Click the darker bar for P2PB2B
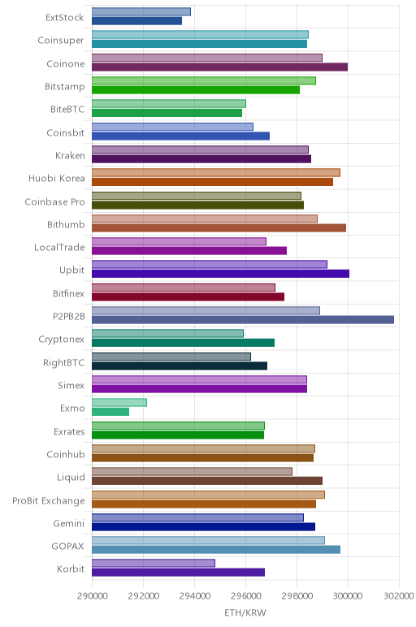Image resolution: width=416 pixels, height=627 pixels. [x=243, y=319]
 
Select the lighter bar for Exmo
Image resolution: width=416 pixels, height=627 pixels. [x=119, y=402]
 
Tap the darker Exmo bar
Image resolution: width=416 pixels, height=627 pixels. [x=110, y=412]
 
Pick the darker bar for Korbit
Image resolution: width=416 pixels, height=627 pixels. [x=179, y=573]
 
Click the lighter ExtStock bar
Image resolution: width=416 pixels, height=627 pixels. [x=141, y=11]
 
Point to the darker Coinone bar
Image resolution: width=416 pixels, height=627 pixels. [x=219, y=67]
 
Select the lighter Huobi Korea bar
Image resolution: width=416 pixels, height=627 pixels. [x=216, y=172]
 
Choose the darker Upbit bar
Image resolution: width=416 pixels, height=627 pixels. [x=220, y=274]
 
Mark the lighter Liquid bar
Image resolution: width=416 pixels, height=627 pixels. [x=192, y=471]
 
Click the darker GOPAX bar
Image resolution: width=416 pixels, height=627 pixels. [x=216, y=549]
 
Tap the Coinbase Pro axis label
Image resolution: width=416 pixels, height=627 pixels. [x=54, y=201]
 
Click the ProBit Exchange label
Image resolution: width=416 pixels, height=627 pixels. [x=49, y=500]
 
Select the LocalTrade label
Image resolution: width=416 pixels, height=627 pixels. [x=59, y=247]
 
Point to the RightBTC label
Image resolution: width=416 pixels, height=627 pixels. [x=64, y=363]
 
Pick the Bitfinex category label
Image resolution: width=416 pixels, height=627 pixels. [x=69, y=293]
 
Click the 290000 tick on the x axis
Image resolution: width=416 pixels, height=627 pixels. [x=93, y=596]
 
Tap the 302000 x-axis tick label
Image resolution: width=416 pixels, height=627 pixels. [x=399, y=596]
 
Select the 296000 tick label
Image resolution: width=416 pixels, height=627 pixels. [x=245, y=596]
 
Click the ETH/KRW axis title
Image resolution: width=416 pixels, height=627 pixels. [x=245, y=612]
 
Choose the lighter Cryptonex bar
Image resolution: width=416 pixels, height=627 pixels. [x=167, y=333]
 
